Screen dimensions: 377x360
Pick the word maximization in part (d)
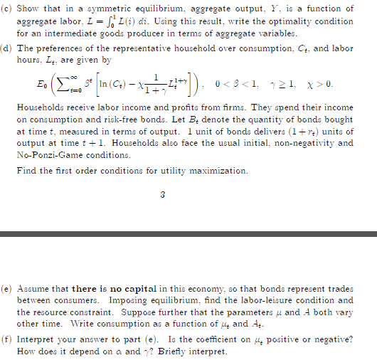tap(218, 171)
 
